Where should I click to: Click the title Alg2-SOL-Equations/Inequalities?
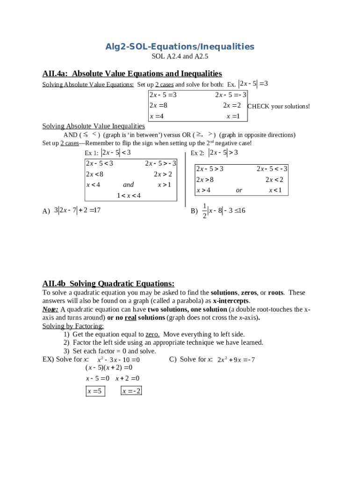click(x=180, y=47)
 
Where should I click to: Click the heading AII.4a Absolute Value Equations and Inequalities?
click(x=132, y=73)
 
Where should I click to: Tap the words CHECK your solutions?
click(x=278, y=107)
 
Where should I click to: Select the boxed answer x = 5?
click(x=95, y=391)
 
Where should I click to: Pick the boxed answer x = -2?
click(x=131, y=391)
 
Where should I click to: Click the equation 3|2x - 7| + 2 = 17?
click(x=78, y=210)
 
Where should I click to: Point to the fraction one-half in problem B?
click(x=205, y=211)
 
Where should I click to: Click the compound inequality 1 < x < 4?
click(x=129, y=195)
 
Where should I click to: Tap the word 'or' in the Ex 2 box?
click(x=239, y=190)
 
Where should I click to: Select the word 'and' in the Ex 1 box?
click(x=128, y=185)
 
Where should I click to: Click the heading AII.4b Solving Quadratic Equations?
click(x=108, y=283)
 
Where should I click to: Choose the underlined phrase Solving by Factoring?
click(x=73, y=326)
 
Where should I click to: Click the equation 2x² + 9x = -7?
click(x=236, y=360)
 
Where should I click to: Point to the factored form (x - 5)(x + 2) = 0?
click(x=109, y=368)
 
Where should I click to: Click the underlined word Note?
click(x=50, y=309)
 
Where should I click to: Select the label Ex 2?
click(x=197, y=153)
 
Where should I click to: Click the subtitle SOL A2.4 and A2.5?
click(x=180, y=57)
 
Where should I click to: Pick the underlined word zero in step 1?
click(x=152, y=334)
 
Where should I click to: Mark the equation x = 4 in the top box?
click(x=157, y=116)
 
